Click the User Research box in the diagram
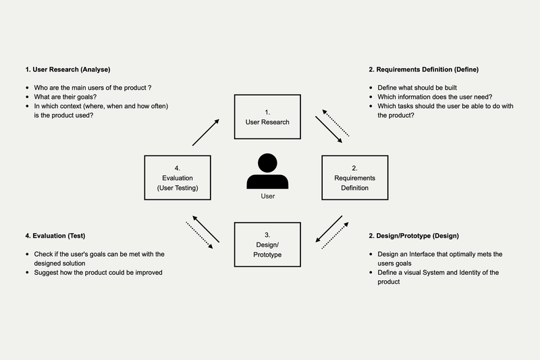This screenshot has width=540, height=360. [x=267, y=117]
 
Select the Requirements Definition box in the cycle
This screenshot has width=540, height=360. [x=355, y=178]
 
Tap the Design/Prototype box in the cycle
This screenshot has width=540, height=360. [x=267, y=243]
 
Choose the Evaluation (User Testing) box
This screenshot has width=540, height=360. [x=177, y=178]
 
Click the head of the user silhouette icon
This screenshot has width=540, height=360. [x=267, y=163]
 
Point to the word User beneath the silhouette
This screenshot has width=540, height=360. [x=267, y=197]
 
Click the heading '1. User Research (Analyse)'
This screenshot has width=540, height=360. [x=67, y=70]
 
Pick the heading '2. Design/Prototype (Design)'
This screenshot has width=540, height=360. [x=414, y=236]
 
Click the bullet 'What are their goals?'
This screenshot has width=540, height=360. [x=65, y=97]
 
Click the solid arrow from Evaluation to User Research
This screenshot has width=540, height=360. [x=206, y=132]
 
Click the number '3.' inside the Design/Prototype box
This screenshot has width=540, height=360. [x=267, y=234]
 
